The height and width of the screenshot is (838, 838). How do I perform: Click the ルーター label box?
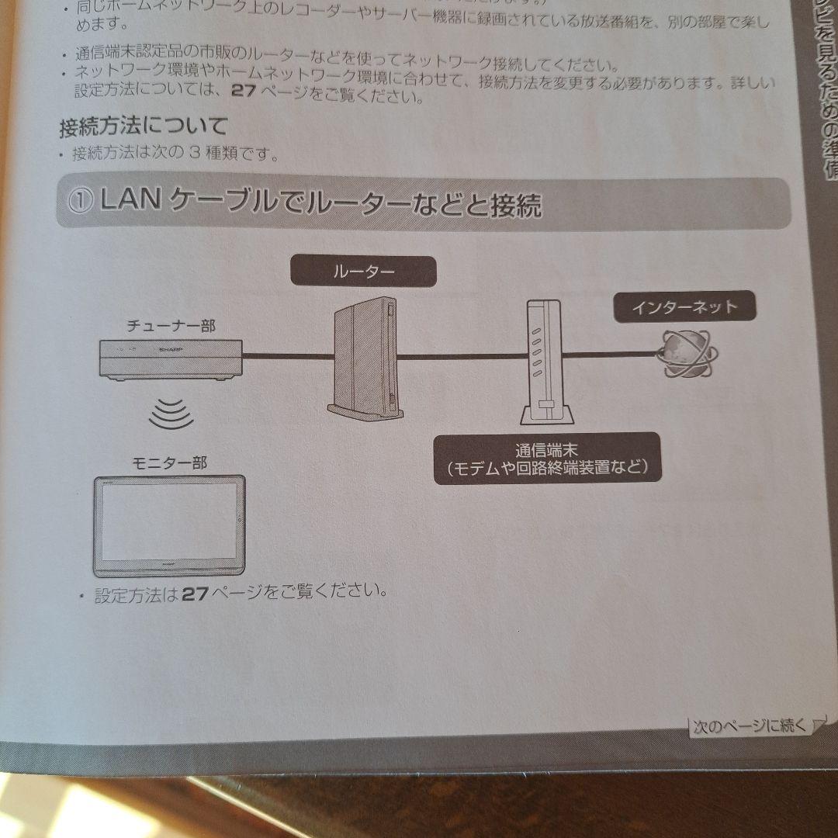[363, 272]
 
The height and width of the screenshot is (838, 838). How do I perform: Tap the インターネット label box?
[684, 307]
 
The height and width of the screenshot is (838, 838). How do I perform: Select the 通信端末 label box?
[546, 458]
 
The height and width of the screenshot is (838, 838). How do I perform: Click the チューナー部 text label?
[171, 326]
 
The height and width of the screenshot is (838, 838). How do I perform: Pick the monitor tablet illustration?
[169, 525]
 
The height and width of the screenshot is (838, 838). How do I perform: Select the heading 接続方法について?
[144, 125]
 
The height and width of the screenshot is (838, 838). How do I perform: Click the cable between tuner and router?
[287, 356]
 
